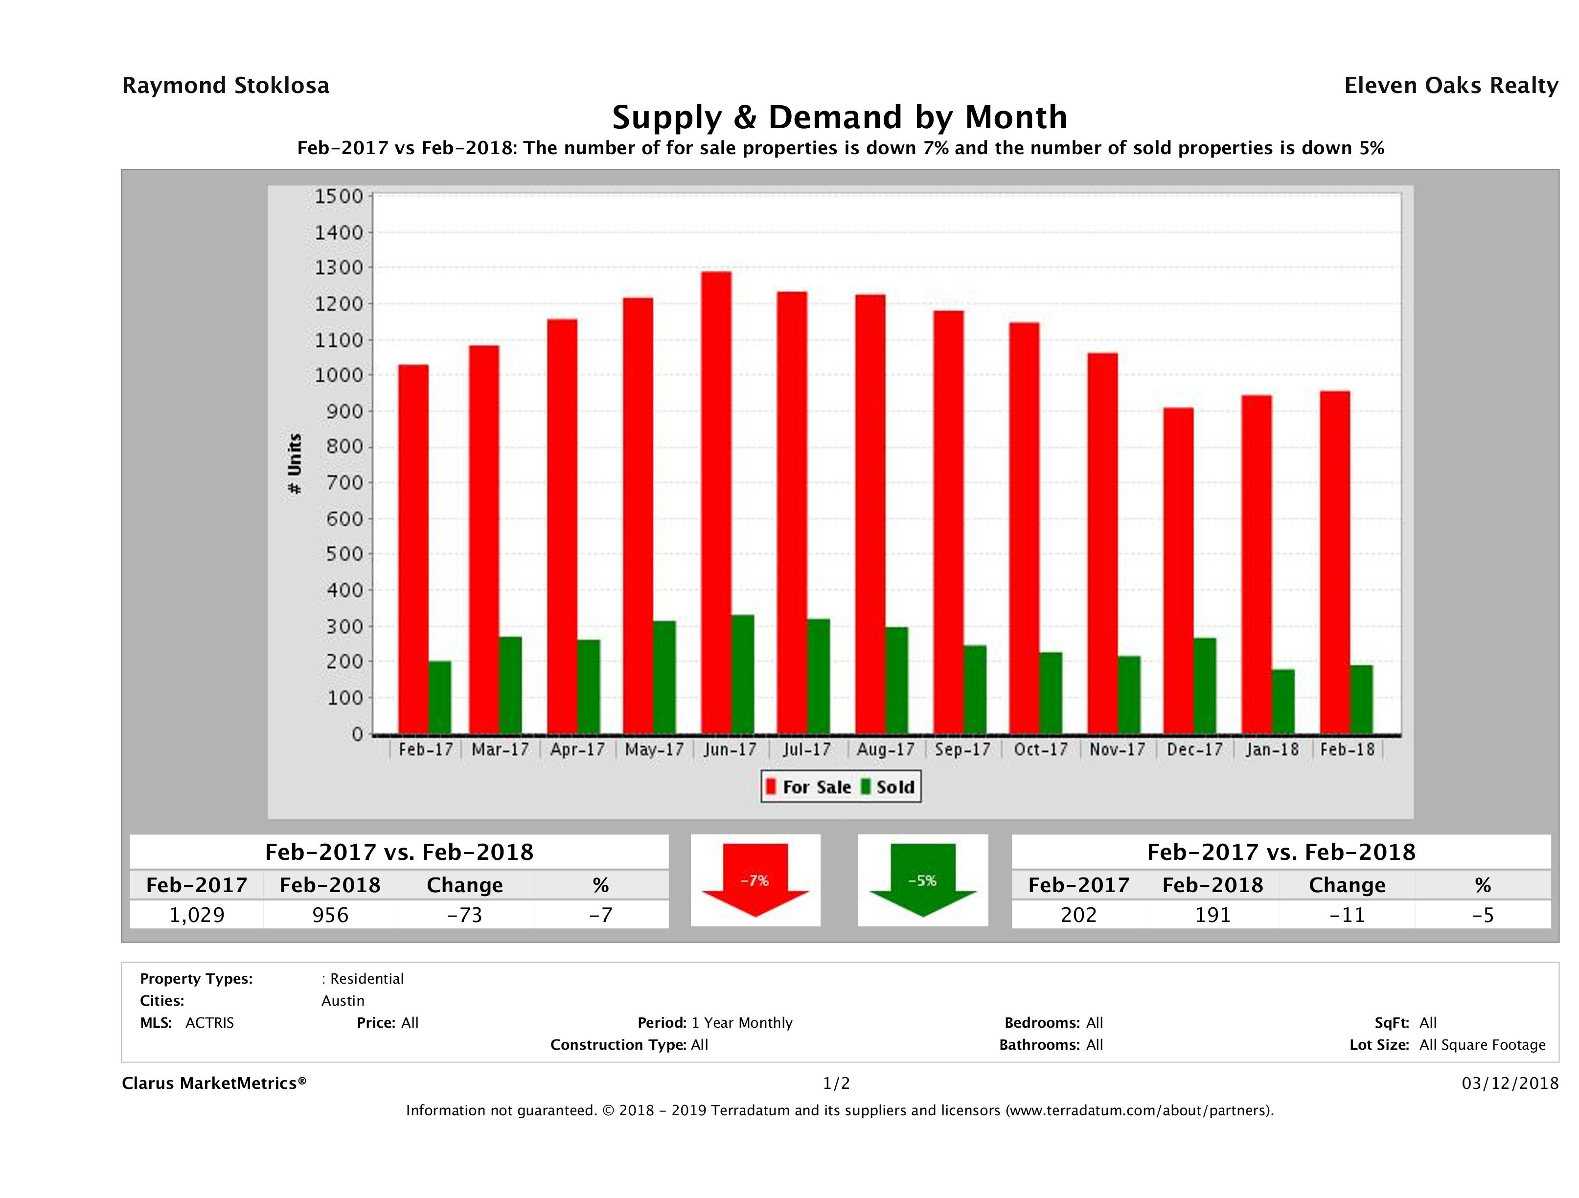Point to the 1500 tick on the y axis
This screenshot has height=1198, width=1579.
tap(339, 196)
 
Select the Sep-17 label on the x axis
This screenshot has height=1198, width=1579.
tap(962, 750)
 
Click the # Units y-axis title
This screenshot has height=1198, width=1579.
tap(294, 464)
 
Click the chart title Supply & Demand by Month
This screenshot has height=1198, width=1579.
tap(840, 117)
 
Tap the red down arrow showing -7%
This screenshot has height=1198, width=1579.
tap(755, 879)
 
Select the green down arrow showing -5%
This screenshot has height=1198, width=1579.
tap(922, 879)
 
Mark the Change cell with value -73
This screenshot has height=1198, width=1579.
tap(465, 915)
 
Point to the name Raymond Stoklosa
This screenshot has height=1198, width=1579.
tap(226, 86)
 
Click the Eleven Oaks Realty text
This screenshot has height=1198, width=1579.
tap(1450, 86)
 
